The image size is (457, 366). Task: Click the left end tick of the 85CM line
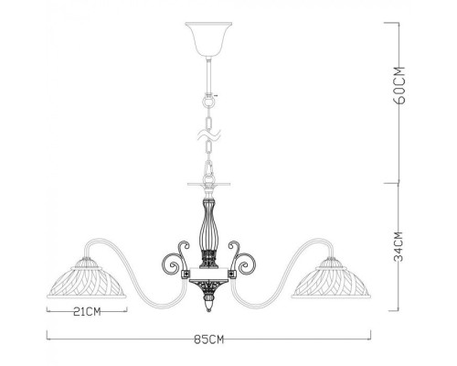[x=48, y=340]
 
